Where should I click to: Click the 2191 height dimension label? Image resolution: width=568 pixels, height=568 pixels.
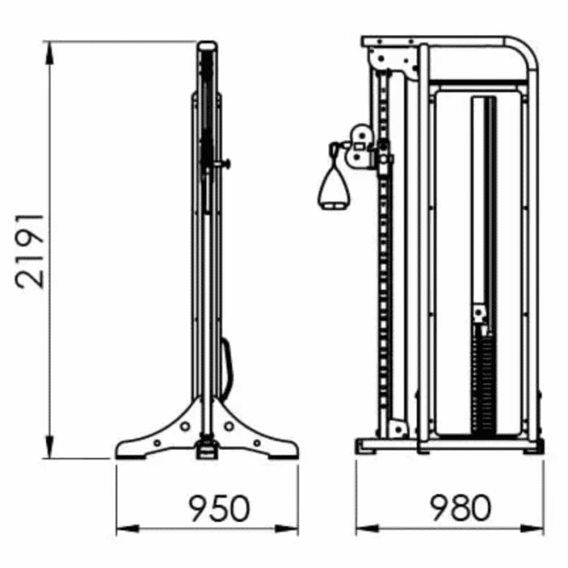click(30, 252)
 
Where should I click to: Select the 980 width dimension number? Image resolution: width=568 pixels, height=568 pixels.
click(460, 507)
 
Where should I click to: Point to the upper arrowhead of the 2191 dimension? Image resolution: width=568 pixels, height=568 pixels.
click(50, 53)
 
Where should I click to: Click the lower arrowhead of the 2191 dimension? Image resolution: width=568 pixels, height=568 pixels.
click(50, 447)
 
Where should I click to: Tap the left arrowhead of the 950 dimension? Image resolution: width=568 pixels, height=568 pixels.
click(127, 530)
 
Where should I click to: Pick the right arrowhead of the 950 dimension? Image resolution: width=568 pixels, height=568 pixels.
click(287, 530)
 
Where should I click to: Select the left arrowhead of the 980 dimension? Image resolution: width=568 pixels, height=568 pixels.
click(367, 530)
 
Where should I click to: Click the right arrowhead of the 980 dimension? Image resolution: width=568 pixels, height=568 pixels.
click(532, 530)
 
